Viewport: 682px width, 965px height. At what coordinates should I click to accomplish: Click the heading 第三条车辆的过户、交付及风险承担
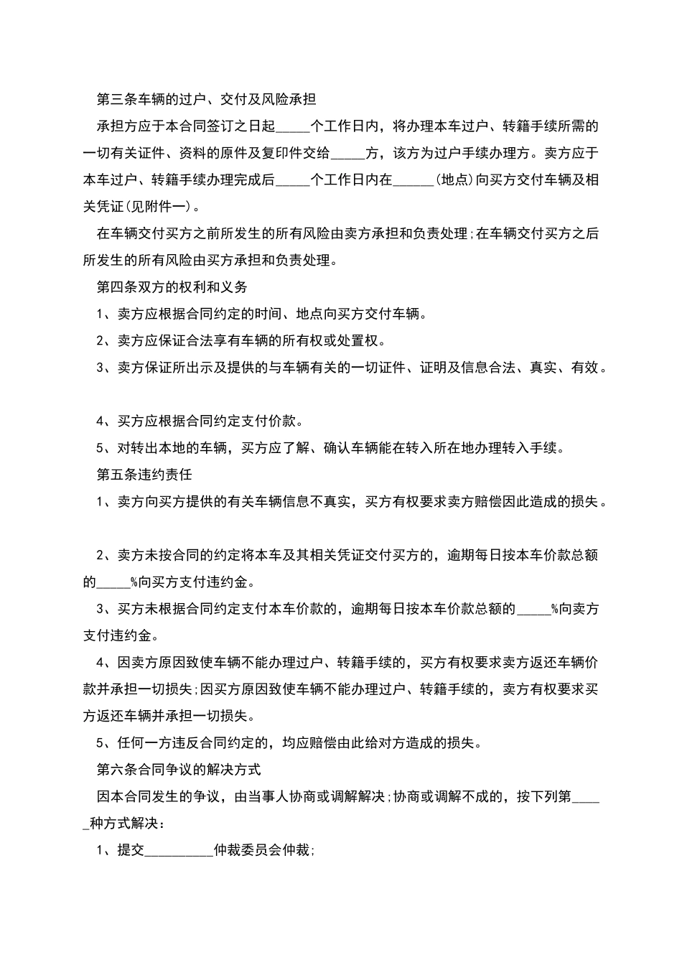206,99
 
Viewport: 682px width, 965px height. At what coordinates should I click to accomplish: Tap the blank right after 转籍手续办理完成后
293,180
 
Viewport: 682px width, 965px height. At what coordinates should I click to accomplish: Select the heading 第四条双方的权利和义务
172,287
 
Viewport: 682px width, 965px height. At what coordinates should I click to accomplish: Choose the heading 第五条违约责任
144,475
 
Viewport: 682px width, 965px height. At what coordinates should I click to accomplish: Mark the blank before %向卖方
533,609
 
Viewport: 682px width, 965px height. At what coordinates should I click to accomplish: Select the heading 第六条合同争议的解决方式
178,770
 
